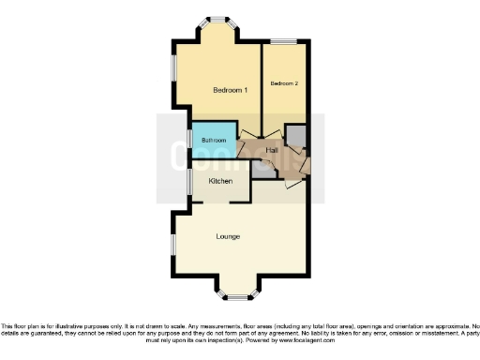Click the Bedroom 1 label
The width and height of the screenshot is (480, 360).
coord(230,91)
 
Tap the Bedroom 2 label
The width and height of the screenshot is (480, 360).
coord(284,83)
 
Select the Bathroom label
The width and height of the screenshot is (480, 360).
coord(214,141)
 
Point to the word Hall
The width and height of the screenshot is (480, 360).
coord(272,150)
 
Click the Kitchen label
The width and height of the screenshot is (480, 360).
coord(219,181)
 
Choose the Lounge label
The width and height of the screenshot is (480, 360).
coord(229,236)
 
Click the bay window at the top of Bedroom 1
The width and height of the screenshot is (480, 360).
coord(217,20)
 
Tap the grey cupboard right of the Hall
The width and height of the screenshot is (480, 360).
coord(296,137)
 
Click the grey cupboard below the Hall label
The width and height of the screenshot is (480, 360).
coord(265,169)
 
